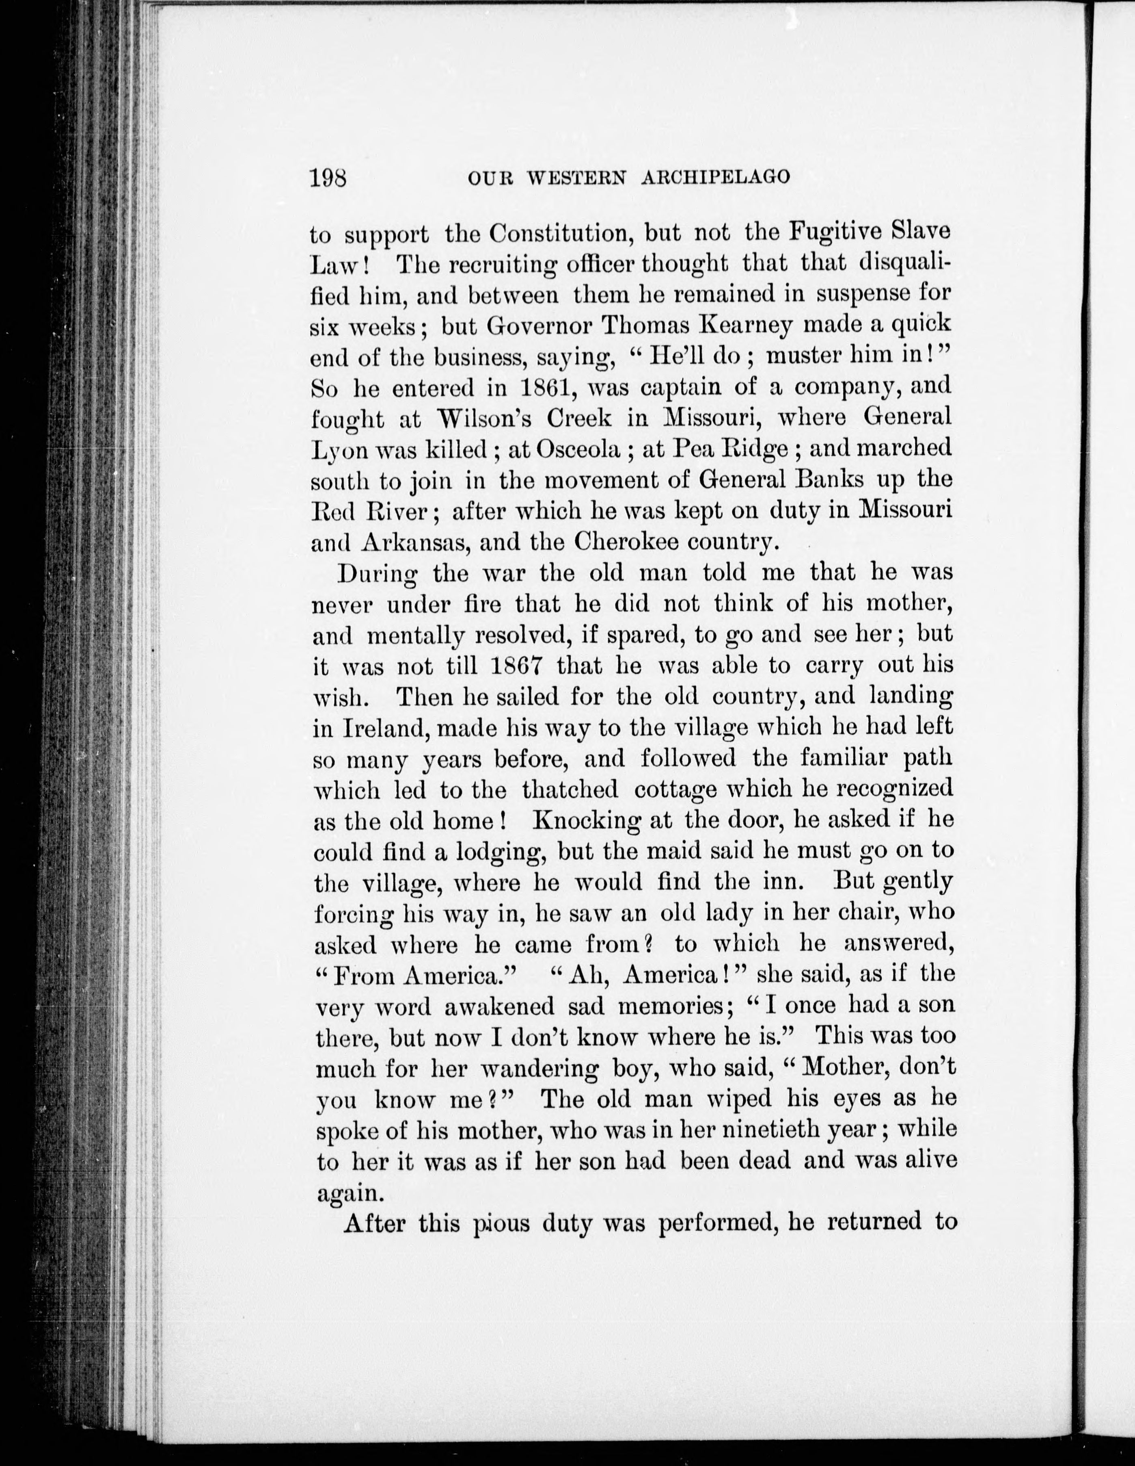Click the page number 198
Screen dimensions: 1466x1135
[x=328, y=178]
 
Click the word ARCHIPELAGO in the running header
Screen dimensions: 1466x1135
[x=716, y=178]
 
